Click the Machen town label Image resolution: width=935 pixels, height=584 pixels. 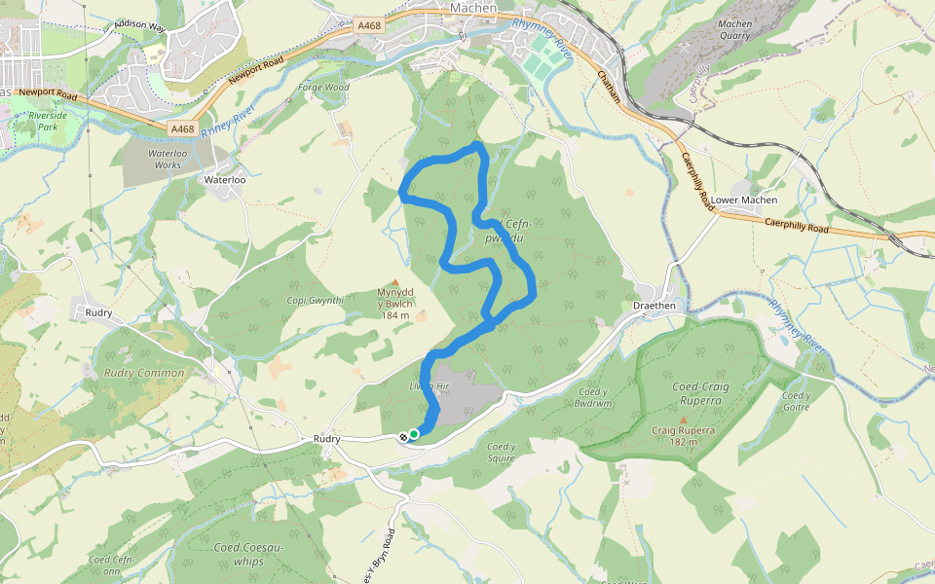coord(473,8)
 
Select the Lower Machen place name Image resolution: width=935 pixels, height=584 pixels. coord(744,200)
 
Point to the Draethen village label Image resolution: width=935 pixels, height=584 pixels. coord(654,305)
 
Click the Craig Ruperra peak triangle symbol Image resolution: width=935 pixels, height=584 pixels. coord(683,420)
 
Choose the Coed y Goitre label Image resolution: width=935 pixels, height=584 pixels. coord(796,402)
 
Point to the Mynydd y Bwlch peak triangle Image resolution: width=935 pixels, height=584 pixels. coord(395,282)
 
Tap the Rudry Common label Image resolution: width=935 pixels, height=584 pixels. coord(143,373)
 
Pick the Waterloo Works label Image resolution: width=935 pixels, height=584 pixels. coord(154,160)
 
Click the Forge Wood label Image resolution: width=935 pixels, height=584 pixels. coord(324,88)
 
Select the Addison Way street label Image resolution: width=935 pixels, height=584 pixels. coord(140,24)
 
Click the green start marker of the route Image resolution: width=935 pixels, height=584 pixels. coord(414,434)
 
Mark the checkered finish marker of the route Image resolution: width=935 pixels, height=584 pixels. coord(403,437)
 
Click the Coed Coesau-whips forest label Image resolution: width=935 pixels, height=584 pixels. coord(248,554)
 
